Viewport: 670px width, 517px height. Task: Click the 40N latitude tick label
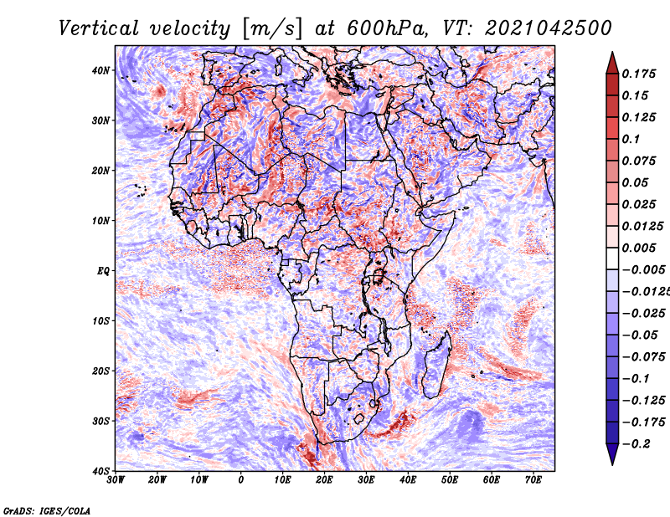(x=100, y=70)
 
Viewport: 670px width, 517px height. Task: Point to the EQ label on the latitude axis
(x=103, y=271)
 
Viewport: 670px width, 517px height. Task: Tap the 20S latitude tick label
(x=100, y=371)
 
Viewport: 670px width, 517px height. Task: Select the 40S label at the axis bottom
(x=100, y=471)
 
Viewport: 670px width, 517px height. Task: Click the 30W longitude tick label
(x=116, y=480)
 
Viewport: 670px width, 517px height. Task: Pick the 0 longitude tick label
(x=241, y=480)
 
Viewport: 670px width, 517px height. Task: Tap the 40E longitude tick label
(x=408, y=480)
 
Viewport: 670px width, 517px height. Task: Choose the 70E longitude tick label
(x=533, y=480)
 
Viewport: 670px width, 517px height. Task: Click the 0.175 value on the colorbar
(x=638, y=74)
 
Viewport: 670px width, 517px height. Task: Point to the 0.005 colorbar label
(x=638, y=248)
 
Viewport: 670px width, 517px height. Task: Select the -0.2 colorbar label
(x=636, y=444)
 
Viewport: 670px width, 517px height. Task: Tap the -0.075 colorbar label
(x=643, y=357)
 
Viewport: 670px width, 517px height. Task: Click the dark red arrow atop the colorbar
(x=612, y=63)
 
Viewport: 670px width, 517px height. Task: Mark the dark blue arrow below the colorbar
(x=612, y=454)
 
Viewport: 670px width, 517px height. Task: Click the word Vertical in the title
(x=98, y=28)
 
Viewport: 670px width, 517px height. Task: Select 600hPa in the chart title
(x=387, y=28)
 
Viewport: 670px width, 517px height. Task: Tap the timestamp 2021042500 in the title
(x=549, y=28)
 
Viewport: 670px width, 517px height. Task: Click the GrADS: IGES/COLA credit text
(x=47, y=510)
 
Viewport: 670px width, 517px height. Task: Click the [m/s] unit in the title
(x=272, y=29)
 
